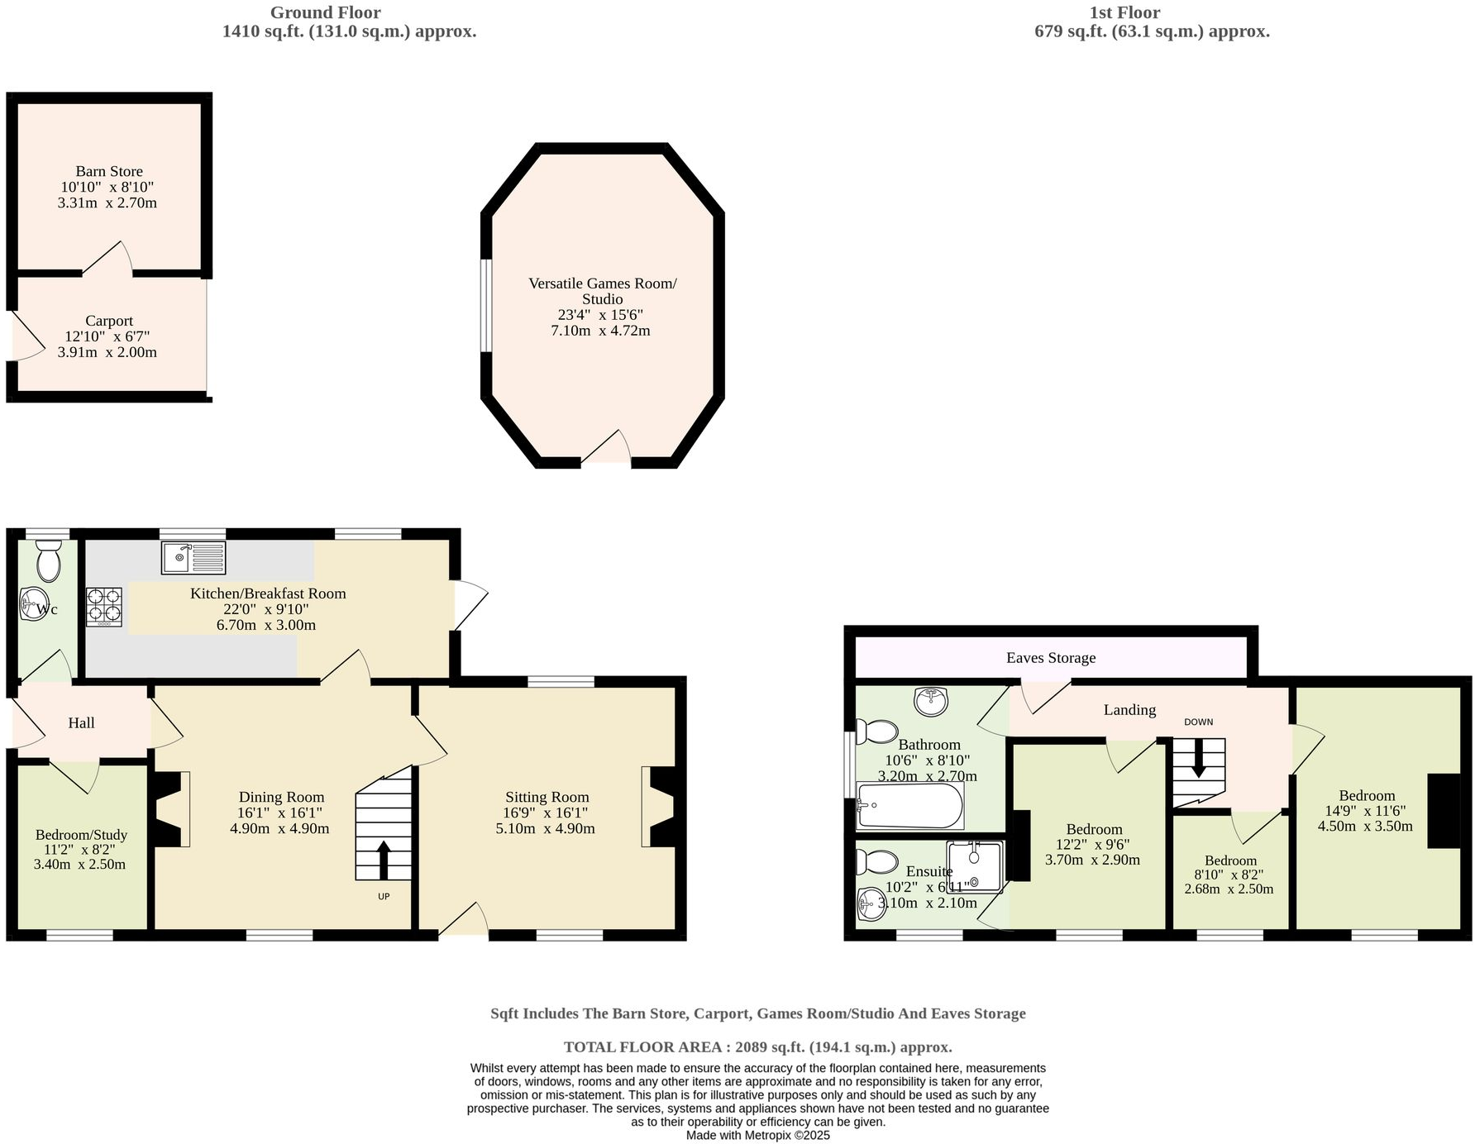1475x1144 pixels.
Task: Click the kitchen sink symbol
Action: [x=193, y=557]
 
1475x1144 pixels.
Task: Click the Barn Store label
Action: [x=109, y=171]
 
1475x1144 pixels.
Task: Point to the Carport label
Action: [x=109, y=321]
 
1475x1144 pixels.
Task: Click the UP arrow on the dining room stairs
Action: [x=384, y=860]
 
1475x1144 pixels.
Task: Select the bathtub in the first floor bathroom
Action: [x=909, y=805]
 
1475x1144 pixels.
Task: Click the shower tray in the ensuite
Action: [x=975, y=867]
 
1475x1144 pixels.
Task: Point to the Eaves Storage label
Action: [x=1050, y=658]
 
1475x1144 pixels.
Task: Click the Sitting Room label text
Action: [x=547, y=797]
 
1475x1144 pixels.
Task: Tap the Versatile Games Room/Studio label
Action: [x=602, y=291]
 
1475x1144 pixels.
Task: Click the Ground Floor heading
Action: [x=325, y=12]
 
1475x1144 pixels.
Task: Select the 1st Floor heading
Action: [x=1124, y=12]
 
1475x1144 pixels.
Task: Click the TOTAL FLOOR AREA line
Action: [x=757, y=1046]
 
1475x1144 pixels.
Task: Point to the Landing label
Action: [x=1129, y=709]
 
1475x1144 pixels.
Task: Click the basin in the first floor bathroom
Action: [x=932, y=701]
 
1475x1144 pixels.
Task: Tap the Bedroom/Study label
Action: [x=81, y=835]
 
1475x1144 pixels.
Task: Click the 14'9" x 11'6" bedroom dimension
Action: [x=1366, y=811]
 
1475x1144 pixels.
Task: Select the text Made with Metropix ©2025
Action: [x=757, y=1136]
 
